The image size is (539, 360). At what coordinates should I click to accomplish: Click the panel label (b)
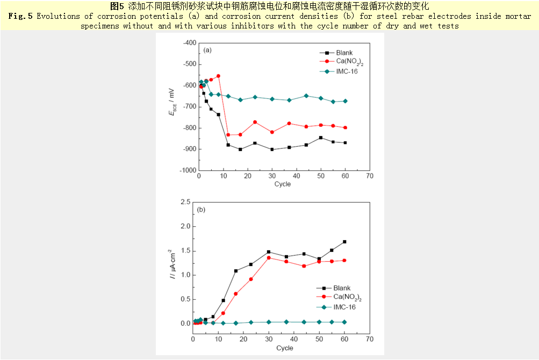click(202, 210)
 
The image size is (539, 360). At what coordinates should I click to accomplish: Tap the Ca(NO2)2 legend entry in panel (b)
click(347, 297)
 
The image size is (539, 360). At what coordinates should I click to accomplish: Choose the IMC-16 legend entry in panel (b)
click(344, 307)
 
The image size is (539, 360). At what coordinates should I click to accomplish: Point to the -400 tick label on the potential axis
click(188, 43)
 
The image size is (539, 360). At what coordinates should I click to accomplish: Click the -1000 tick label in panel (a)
click(186, 170)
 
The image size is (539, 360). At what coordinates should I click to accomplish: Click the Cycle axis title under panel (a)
click(283, 184)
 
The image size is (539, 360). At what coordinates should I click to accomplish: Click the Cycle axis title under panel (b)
click(285, 348)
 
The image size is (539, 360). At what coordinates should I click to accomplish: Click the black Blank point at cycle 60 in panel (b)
click(344, 242)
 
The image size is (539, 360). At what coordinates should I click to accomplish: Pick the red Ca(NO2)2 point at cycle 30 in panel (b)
click(269, 258)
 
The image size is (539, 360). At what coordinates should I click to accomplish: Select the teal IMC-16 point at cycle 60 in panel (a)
click(345, 101)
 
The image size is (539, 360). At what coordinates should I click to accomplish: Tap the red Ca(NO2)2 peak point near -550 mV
click(218, 76)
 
